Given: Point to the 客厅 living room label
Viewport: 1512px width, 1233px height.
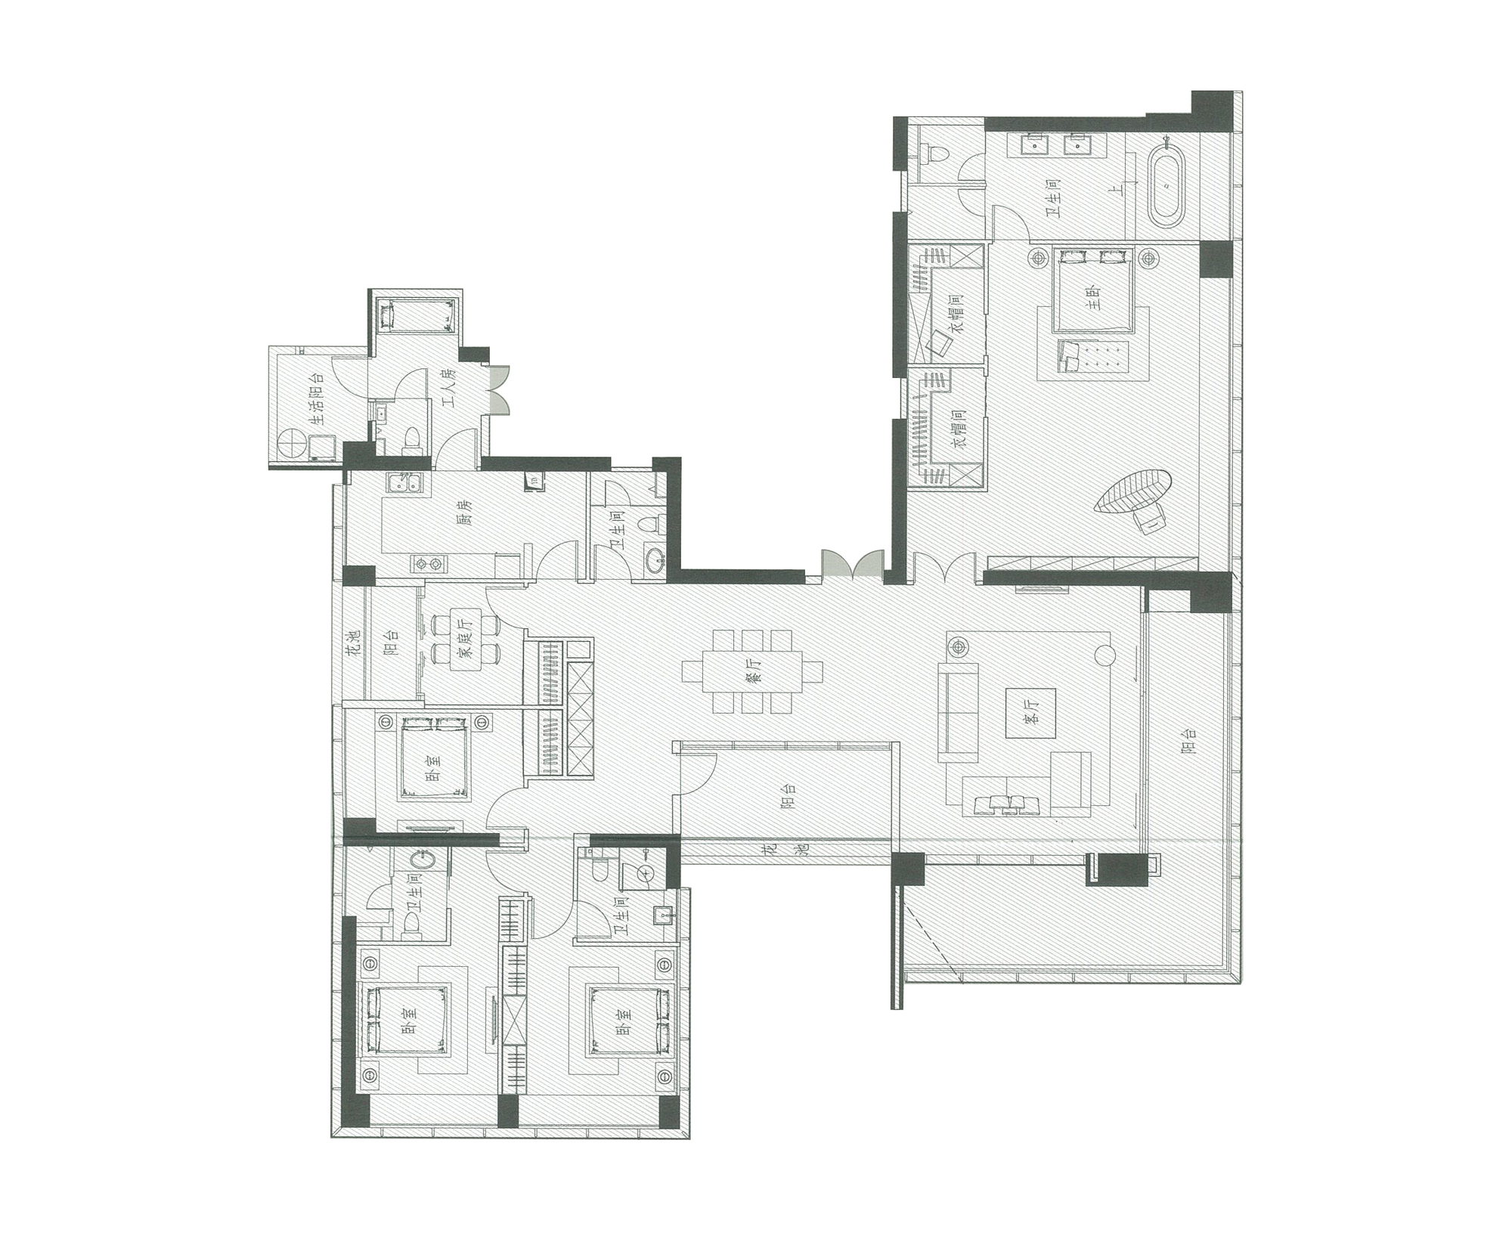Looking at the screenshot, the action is click(1030, 712).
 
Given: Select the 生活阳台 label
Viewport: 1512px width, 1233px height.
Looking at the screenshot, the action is click(317, 398).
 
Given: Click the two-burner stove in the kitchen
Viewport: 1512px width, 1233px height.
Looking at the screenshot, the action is click(429, 564).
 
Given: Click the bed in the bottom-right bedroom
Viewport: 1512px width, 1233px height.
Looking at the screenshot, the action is click(629, 1020).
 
